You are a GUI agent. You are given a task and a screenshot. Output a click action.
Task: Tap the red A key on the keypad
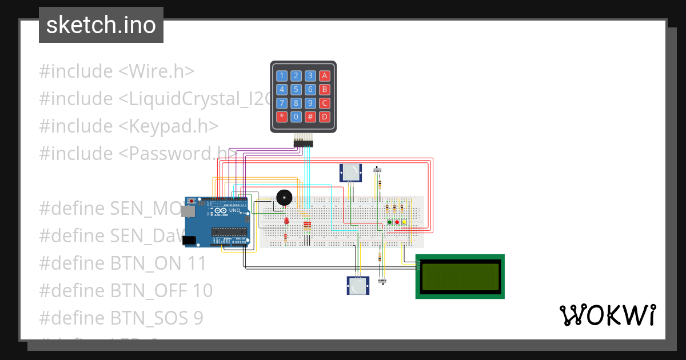tap(324, 75)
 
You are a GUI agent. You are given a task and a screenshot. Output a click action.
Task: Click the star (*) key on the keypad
tap(281, 117)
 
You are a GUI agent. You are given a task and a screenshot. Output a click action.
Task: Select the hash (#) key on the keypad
tap(310, 117)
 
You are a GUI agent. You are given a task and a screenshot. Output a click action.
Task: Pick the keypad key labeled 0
tap(296, 117)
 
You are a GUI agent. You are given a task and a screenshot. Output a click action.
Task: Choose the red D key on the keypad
tap(324, 117)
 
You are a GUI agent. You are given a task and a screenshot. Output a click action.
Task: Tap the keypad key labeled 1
tap(281, 75)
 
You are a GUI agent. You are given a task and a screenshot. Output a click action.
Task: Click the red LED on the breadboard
tap(286, 221)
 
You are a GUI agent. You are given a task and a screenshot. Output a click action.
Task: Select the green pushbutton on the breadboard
tap(390, 222)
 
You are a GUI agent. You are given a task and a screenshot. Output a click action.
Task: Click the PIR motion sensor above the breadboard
tap(351, 172)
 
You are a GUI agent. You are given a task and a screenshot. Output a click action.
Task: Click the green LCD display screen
tap(460, 277)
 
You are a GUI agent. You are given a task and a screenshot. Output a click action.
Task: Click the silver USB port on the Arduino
tap(187, 211)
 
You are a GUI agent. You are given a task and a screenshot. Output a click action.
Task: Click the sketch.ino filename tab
tap(101, 25)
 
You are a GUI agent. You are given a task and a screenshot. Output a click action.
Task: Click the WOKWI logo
tap(607, 315)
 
